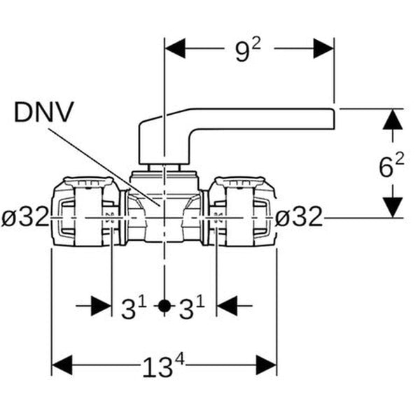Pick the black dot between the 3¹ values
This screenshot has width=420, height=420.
tap(163, 307)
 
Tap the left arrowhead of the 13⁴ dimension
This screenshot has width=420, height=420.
tap(62, 365)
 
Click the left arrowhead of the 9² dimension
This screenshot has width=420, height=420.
tap(174, 50)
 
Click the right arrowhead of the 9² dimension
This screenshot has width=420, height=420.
tap(323, 50)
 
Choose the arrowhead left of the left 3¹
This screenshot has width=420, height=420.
tap(102, 307)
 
